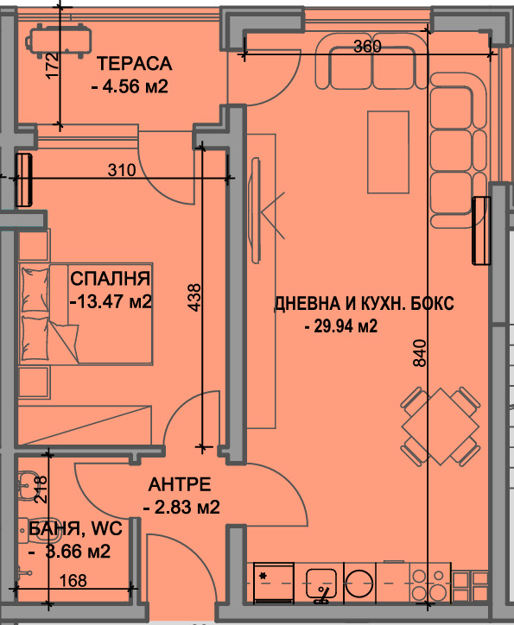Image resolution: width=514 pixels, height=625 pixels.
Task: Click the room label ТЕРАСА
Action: click(x=135, y=64)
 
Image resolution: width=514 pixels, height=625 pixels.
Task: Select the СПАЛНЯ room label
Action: click(x=111, y=279)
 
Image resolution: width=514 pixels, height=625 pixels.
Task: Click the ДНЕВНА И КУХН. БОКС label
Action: click(x=363, y=304)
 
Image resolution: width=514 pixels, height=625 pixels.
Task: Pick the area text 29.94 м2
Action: click(x=342, y=326)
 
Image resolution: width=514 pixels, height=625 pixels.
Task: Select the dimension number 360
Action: click(x=367, y=47)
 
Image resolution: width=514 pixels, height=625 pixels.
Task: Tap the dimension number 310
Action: click(x=123, y=170)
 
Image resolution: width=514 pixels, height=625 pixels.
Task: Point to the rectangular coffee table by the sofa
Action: click(x=381, y=152)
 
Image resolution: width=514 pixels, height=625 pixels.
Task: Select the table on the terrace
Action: click(x=59, y=39)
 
